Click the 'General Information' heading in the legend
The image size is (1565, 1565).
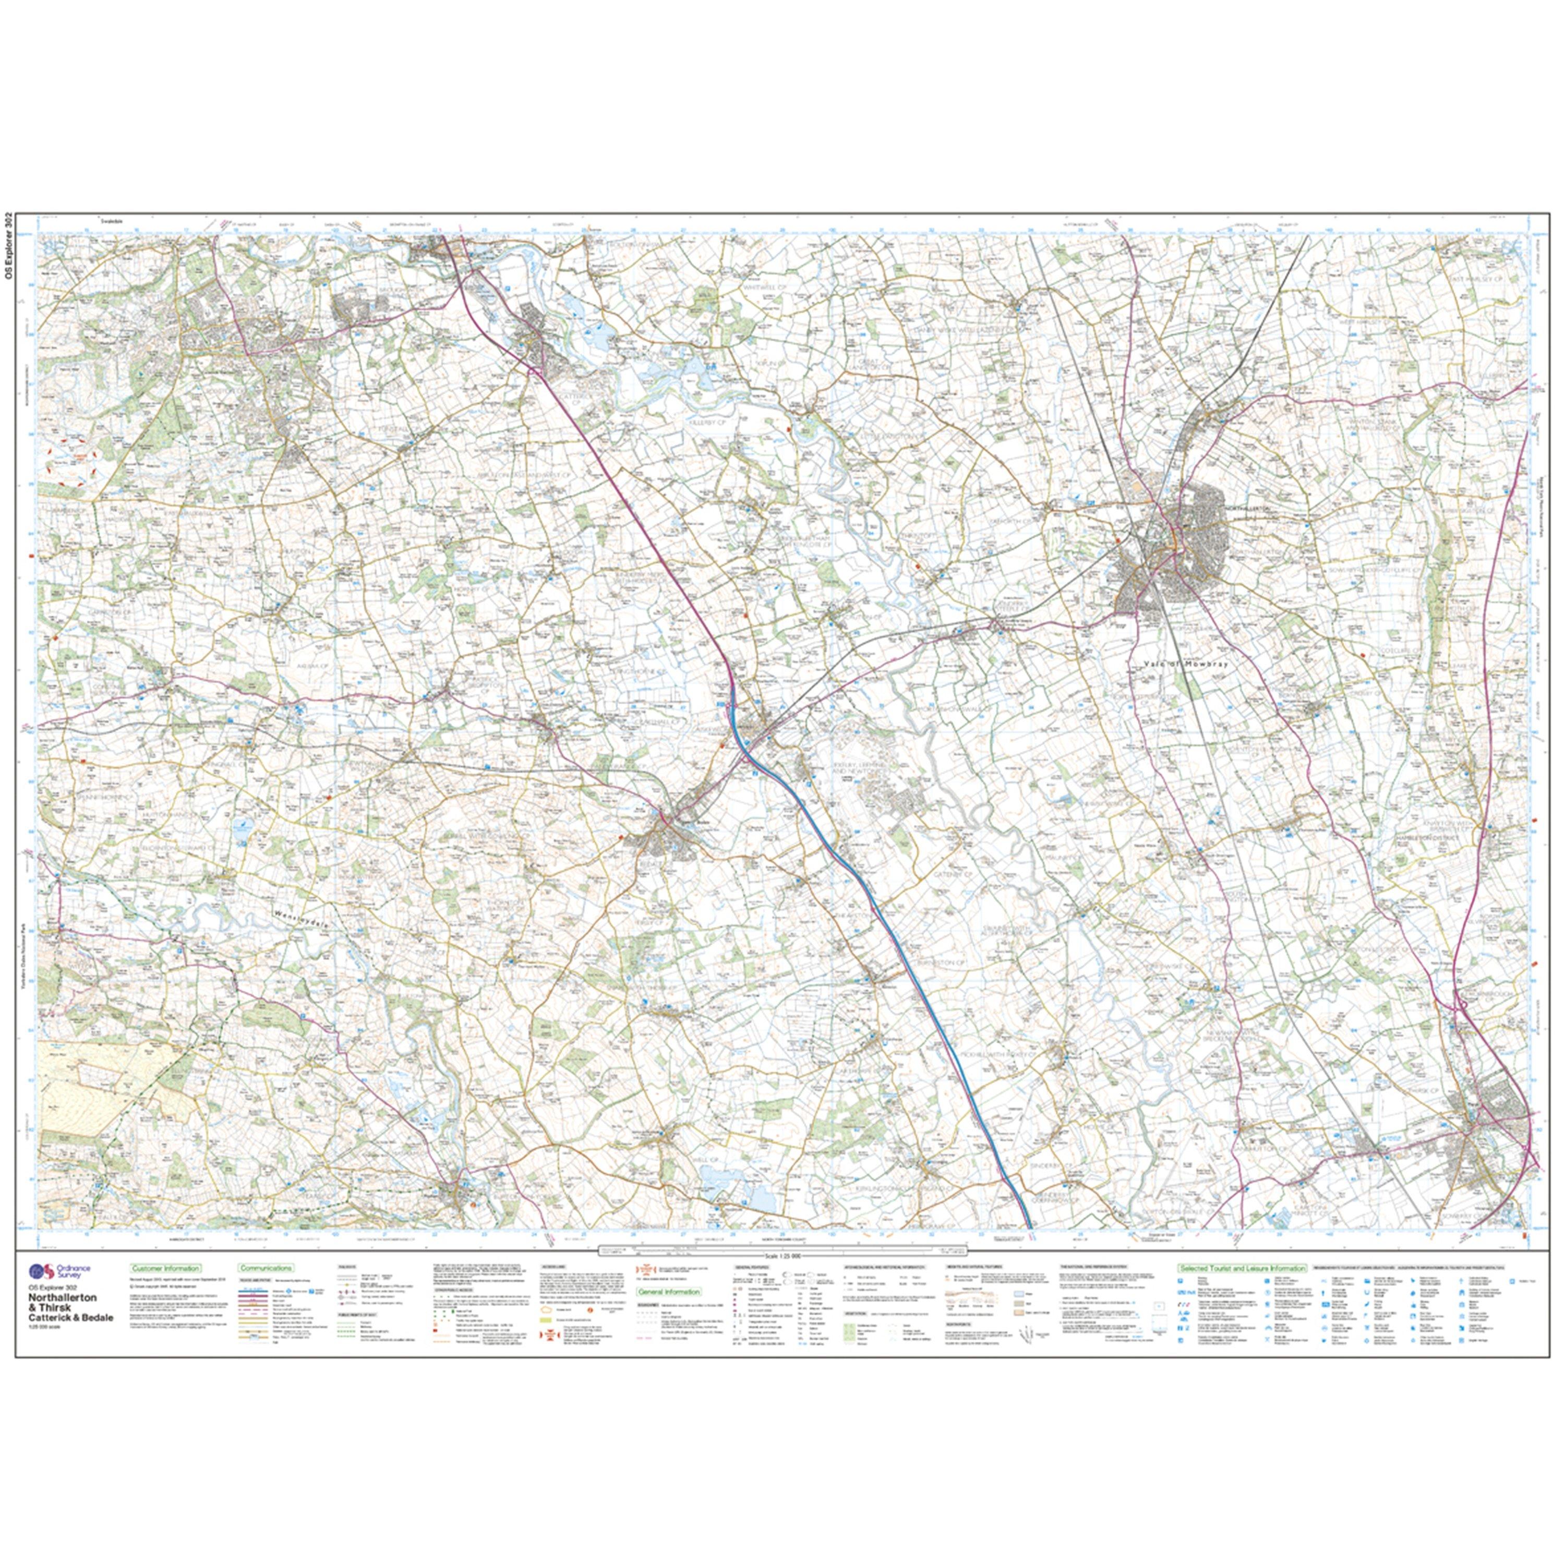coord(669,1292)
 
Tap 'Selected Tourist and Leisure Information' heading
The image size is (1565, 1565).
coord(1242,1269)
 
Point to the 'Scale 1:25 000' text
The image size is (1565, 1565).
coord(781,1256)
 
